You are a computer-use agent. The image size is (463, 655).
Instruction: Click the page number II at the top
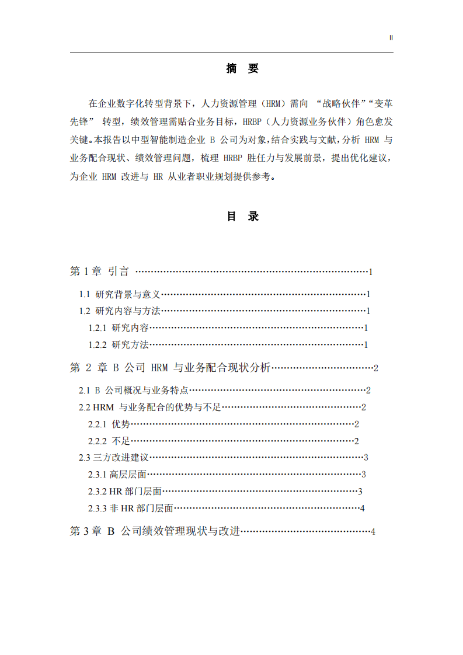click(x=391, y=37)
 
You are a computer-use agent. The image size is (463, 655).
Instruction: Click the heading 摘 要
click(x=242, y=69)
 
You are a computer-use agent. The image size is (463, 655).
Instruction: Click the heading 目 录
click(x=242, y=217)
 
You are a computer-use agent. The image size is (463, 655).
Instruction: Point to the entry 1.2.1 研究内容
click(x=119, y=328)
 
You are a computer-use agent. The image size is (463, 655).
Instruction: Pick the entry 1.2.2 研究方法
click(x=119, y=344)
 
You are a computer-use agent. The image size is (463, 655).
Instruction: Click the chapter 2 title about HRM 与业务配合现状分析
click(x=170, y=368)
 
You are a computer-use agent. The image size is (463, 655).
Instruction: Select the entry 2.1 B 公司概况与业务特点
click(x=134, y=390)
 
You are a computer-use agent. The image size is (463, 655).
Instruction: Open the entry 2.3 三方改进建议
click(x=114, y=457)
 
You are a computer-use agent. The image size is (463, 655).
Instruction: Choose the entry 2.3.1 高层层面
click(x=117, y=474)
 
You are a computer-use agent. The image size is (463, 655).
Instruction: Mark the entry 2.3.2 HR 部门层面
click(x=124, y=491)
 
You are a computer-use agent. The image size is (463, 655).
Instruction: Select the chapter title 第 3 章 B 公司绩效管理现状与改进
click(x=155, y=531)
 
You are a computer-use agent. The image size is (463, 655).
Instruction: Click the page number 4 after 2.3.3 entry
click(x=362, y=508)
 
